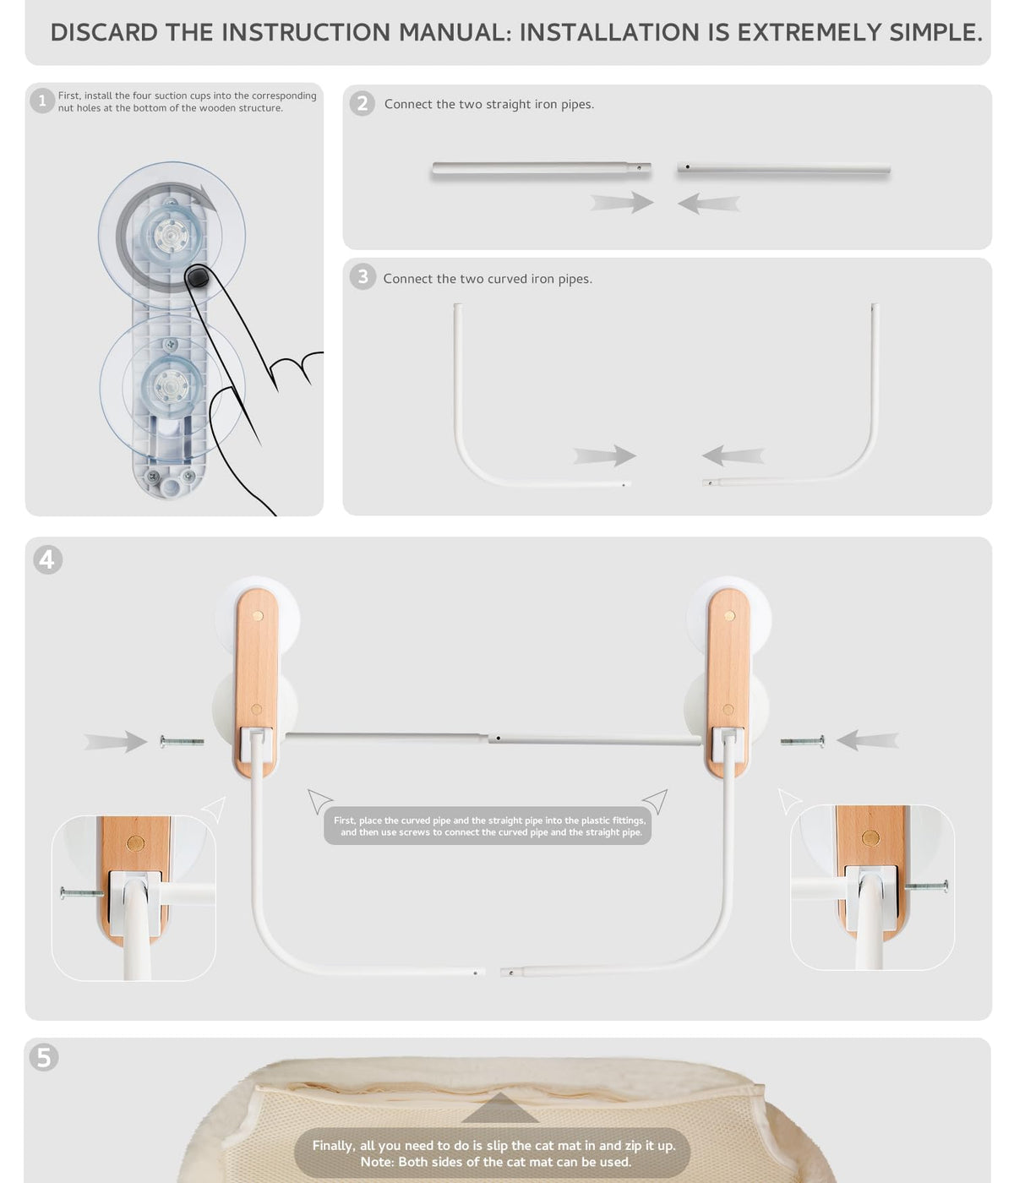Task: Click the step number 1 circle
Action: pyautogui.click(x=41, y=101)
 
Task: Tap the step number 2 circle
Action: pyautogui.click(x=363, y=104)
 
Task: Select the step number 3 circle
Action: pyautogui.click(x=363, y=276)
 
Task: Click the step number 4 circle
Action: pyautogui.click(x=47, y=559)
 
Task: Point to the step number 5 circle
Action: pyautogui.click(x=44, y=1057)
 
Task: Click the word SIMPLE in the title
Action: pyautogui.click(x=935, y=33)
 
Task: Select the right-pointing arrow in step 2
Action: pyautogui.click(x=621, y=203)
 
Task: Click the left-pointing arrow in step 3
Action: pyautogui.click(x=733, y=456)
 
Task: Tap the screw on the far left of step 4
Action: pyautogui.click(x=182, y=742)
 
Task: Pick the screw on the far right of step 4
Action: pyautogui.click(x=802, y=742)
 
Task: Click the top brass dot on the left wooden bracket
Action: pyautogui.click(x=258, y=616)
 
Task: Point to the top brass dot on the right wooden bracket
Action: pyautogui.click(x=729, y=616)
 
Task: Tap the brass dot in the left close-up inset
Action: pyautogui.click(x=135, y=842)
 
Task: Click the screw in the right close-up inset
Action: pyautogui.click(x=926, y=887)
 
